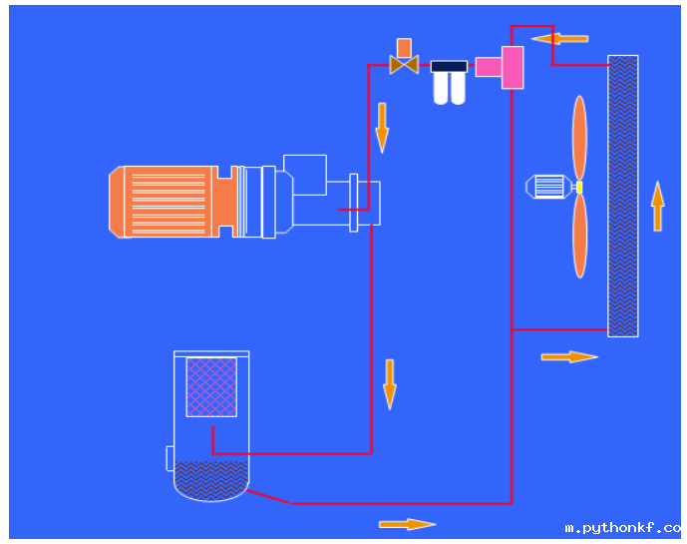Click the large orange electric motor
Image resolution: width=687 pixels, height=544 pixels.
(x=165, y=202)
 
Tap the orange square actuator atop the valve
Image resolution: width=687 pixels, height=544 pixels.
(x=404, y=47)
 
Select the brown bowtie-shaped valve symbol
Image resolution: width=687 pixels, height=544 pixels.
(x=404, y=66)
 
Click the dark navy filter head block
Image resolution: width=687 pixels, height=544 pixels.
(x=449, y=67)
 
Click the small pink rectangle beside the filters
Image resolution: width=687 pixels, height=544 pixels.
(x=488, y=67)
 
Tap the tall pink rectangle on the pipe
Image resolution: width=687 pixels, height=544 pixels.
(x=513, y=67)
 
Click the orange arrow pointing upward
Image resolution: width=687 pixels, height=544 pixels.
(x=657, y=206)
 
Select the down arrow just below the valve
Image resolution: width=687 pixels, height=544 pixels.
(x=382, y=126)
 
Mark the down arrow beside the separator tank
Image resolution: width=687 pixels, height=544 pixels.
(x=390, y=384)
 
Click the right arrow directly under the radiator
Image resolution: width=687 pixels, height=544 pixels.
(x=569, y=356)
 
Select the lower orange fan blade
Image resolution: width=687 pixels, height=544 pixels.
(x=579, y=236)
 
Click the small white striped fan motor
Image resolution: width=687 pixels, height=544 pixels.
(x=547, y=187)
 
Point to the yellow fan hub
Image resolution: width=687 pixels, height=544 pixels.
(x=578, y=187)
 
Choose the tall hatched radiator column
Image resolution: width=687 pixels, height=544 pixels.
(x=623, y=196)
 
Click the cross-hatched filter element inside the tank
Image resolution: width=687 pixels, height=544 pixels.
(x=211, y=386)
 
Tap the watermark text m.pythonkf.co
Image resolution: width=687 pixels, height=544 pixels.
(x=622, y=528)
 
